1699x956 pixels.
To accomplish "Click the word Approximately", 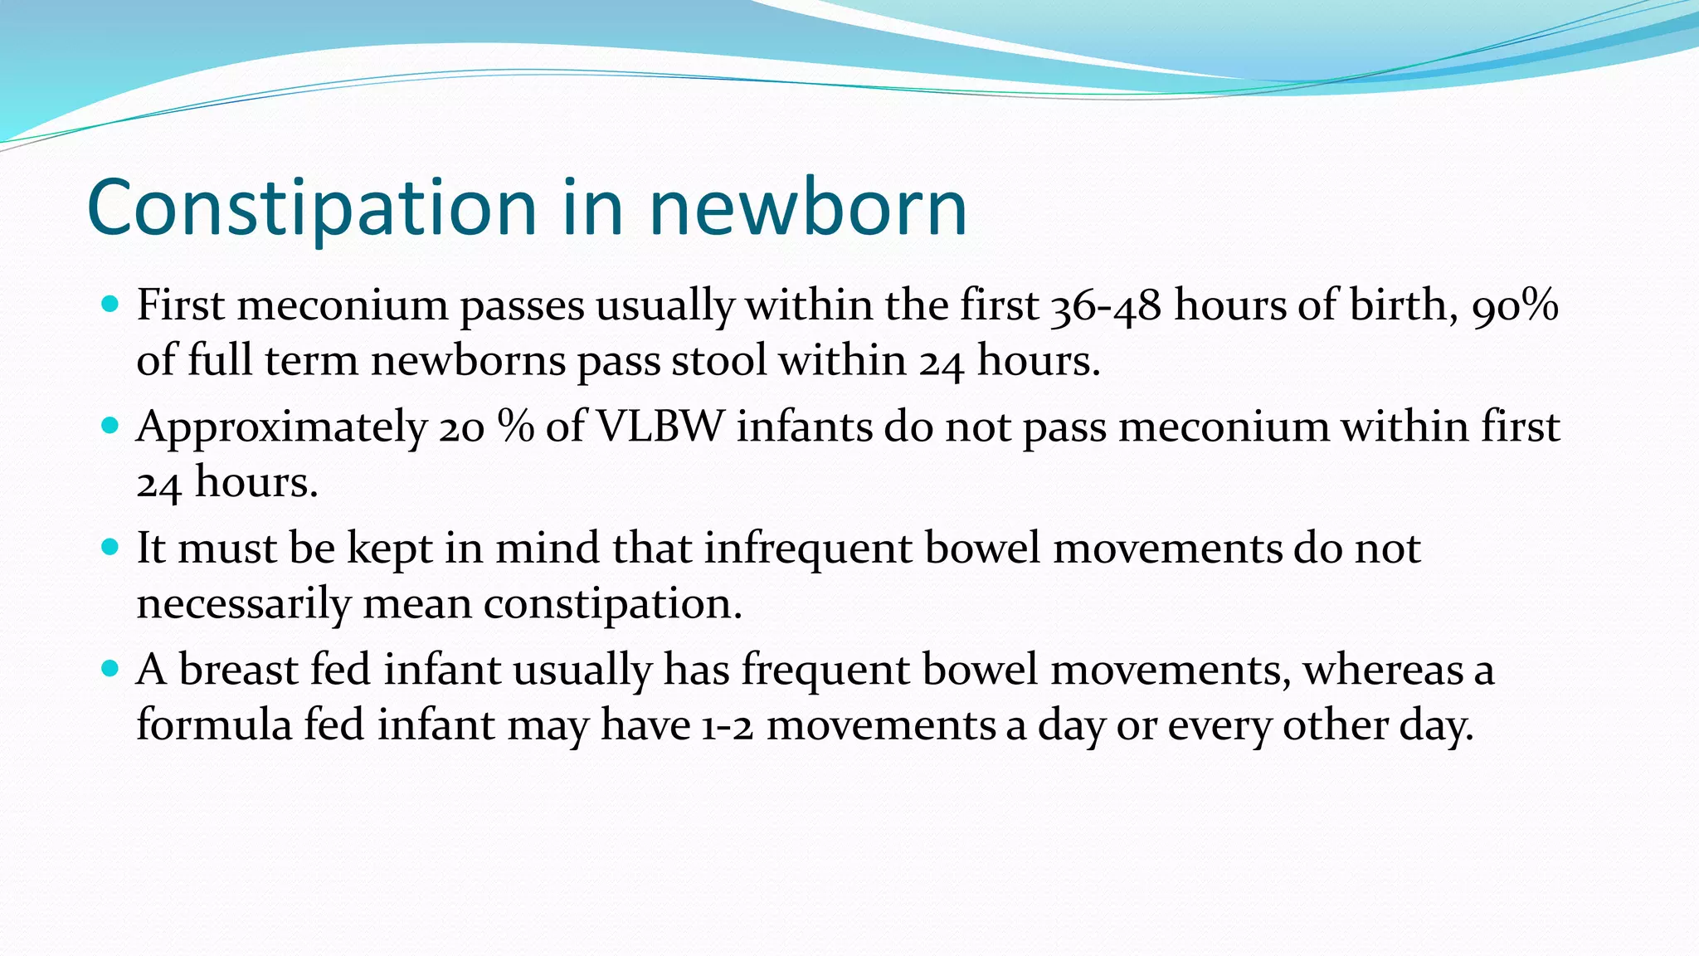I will pos(281,427).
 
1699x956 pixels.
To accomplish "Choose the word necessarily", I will pos(244,603).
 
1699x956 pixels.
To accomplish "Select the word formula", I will pos(214,724).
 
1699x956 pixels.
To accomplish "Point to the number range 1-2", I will pos(728,726).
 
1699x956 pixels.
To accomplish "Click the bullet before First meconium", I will pos(110,304).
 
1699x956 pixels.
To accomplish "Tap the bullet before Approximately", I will pos(110,426).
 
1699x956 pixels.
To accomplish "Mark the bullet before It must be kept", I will pos(110,547).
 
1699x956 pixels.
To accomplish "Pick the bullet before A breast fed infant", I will pos(110,668).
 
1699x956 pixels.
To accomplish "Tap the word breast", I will pos(238,670).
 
